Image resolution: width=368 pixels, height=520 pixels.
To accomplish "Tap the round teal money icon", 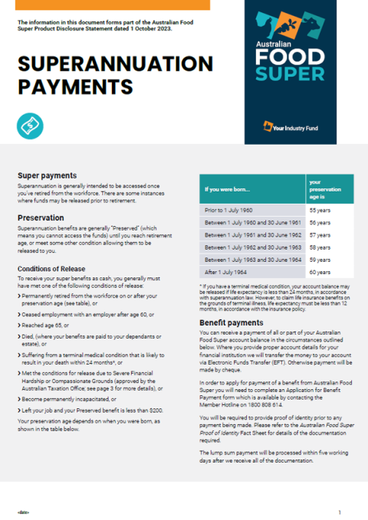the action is point(30,124).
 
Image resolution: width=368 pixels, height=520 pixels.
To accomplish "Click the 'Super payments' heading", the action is point(47,175).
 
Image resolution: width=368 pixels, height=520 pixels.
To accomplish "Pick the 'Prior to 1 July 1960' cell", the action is point(231,208).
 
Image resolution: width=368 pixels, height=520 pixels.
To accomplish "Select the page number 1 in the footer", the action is point(339,511).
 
